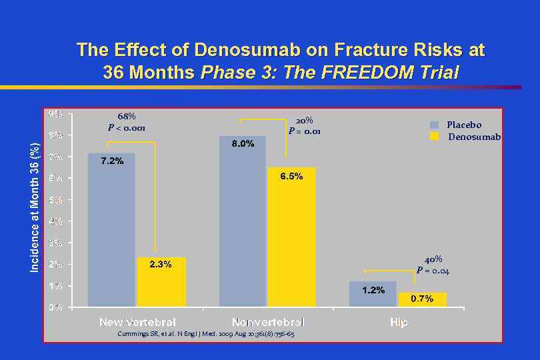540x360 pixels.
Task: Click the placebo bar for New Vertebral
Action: pos(111,230)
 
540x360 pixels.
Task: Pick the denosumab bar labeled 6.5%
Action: pos(291,237)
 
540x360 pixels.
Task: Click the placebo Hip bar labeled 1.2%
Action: pos(373,294)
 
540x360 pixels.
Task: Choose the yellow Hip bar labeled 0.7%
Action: pos(422,299)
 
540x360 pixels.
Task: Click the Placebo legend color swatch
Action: pos(435,125)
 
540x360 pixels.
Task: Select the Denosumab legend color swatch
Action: pos(435,137)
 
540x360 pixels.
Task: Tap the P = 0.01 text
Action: pos(305,131)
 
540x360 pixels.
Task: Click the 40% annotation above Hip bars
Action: pos(433,259)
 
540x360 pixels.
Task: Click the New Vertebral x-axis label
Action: pos(137,323)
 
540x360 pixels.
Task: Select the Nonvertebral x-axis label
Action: pos(268,323)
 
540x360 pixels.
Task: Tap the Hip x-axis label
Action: pos(399,323)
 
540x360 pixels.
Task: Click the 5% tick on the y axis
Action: pos(56,199)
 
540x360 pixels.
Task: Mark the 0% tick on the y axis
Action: pos(56,307)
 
